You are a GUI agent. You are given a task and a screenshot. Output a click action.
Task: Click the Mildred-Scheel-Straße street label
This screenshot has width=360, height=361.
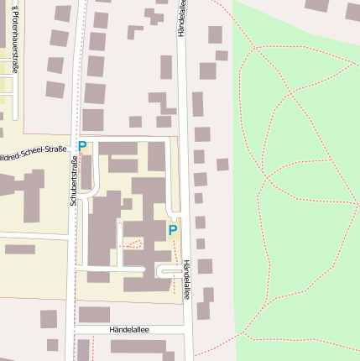[x=34, y=151]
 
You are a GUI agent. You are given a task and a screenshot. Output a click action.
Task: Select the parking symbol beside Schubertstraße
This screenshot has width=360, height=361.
[x=82, y=146]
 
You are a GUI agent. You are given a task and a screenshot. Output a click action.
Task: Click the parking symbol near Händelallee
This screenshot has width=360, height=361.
[x=173, y=229]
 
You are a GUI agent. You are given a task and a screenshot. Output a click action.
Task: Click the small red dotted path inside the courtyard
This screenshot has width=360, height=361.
[x=132, y=244]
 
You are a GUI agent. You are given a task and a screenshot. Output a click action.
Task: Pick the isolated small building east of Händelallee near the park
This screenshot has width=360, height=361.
[x=222, y=165]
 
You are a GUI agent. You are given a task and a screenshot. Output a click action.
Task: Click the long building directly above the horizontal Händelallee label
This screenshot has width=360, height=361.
[x=94, y=314]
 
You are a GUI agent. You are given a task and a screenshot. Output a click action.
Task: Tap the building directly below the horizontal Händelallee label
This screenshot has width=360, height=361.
[x=138, y=346]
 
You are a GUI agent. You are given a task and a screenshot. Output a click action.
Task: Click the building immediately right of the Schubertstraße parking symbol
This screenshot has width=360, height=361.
[x=117, y=149]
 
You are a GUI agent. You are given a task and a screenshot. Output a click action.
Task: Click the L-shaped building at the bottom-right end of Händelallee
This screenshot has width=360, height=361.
[x=204, y=302]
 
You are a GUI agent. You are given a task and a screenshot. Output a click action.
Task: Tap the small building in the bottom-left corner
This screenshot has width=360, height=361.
[x=52, y=344]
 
